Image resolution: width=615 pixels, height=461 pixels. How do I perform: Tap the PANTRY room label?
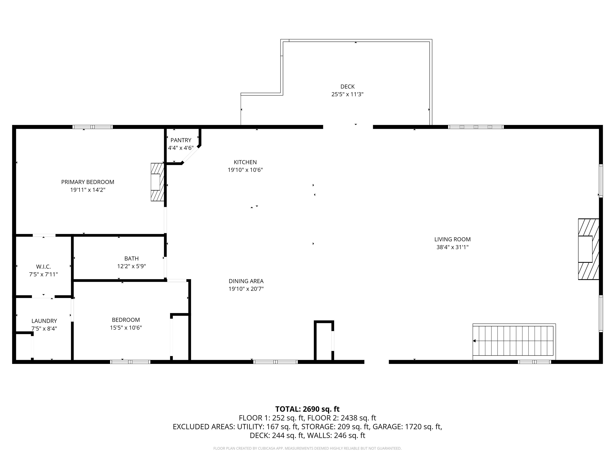coord(181,140)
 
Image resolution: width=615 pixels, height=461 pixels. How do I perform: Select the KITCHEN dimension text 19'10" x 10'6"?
coord(245,170)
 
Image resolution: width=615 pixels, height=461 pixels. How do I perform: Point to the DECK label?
coord(347,87)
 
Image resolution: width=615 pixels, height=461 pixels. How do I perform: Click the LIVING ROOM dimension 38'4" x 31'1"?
coord(452,247)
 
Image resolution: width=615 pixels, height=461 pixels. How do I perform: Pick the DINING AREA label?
coord(246,281)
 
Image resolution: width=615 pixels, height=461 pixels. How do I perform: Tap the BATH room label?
coord(132,259)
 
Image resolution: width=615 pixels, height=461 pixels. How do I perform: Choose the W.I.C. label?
coord(43,267)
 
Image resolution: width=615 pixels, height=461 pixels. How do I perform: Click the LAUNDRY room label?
coord(44,321)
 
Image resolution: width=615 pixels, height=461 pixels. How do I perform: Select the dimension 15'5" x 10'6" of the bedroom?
coord(126,328)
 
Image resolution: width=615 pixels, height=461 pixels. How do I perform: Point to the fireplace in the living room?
coord(589,249)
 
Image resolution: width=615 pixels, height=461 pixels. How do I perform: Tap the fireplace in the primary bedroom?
coord(157,182)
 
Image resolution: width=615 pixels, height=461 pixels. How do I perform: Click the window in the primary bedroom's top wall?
coord(92,127)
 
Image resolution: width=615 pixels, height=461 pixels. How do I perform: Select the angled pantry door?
coord(190,155)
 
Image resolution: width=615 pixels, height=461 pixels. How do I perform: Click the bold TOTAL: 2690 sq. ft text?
coord(307,409)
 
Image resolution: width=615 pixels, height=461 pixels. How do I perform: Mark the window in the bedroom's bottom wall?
coord(130,362)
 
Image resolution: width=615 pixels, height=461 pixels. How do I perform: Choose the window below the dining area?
coord(275,362)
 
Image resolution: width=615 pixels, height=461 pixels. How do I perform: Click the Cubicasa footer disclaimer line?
coord(307,448)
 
